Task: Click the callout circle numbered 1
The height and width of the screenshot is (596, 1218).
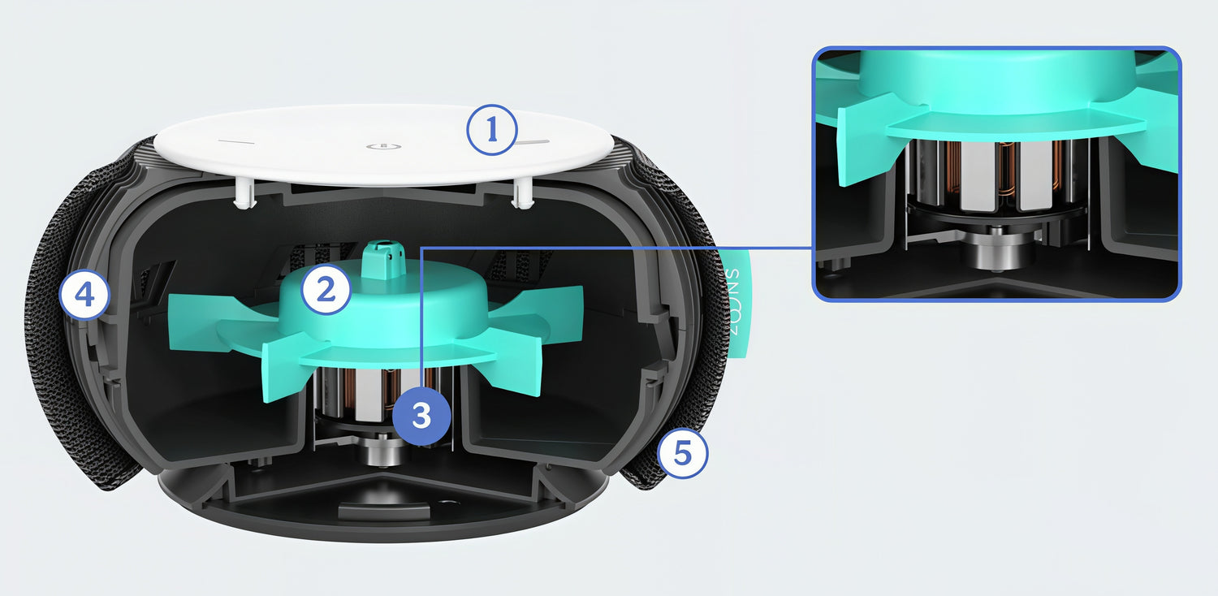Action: pos(492,130)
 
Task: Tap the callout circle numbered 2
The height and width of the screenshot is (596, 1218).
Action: pos(326,289)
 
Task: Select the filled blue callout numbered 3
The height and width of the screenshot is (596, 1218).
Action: pos(422,416)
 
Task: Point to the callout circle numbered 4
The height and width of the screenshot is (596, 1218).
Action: pos(84,296)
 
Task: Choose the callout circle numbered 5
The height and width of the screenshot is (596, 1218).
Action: pos(682,453)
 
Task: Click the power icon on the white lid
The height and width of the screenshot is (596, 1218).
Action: pos(384,146)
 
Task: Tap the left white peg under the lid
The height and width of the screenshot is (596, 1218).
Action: pos(244,193)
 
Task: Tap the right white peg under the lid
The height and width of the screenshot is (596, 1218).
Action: pos(523,194)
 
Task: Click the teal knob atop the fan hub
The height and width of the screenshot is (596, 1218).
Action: pos(384,260)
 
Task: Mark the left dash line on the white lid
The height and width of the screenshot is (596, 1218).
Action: pos(236,143)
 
